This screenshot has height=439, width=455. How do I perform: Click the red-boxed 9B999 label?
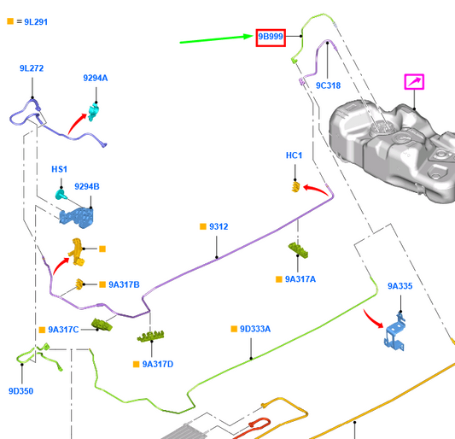[271, 38]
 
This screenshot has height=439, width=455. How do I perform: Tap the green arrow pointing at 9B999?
[217, 39]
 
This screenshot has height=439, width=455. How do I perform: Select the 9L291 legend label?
[36, 22]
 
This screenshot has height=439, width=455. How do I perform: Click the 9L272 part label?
[32, 68]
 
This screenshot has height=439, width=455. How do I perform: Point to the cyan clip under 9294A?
[93, 112]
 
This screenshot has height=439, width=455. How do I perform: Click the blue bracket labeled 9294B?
[77, 218]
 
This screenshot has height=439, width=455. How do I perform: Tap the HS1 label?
[59, 169]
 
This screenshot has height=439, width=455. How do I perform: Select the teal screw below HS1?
[61, 194]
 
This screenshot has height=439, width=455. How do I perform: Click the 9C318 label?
[328, 85]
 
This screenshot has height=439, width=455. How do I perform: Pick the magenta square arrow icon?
[414, 82]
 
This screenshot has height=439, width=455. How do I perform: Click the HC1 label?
[294, 155]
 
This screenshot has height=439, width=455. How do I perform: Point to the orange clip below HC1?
[295, 187]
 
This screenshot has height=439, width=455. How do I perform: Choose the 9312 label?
[219, 226]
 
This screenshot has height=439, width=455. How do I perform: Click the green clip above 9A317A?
[298, 250]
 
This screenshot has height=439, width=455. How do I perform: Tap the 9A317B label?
[124, 284]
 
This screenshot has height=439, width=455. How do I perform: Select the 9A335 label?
[400, 286]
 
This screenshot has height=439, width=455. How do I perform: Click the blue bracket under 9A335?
[395, 332]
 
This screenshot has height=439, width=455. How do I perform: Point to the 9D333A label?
[255, 329]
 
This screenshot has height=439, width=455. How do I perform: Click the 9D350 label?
[20, 391]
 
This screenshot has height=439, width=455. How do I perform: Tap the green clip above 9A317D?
[150, 337]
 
